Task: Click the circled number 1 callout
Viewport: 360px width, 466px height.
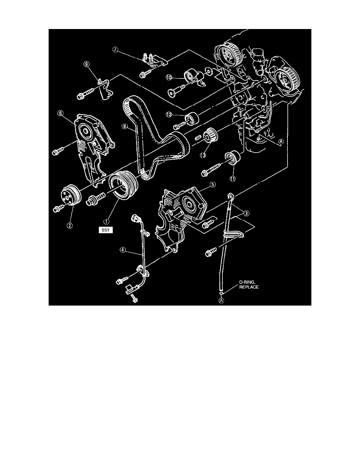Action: pyautogui.click(x=108, y=215)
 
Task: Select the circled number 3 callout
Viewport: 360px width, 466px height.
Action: pyautogui.click(x=246, y=214)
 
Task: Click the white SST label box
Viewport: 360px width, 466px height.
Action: pyautogui.click(x=106, y=230)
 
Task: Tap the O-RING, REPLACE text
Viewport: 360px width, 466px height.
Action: pyautogui.click(x=247, y=284)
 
